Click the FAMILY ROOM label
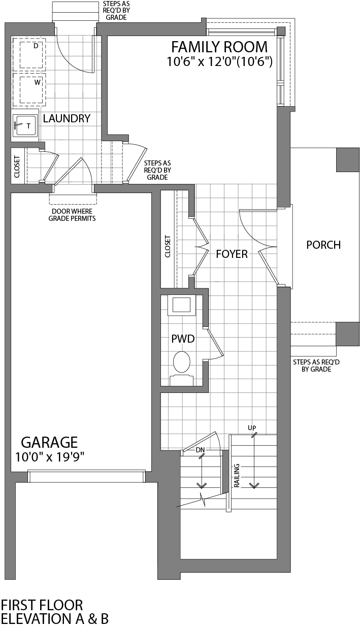[219, 47]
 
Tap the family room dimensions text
[220, 62]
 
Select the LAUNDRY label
[67, 119]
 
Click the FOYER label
[232, 254]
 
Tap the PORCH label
[323, 245]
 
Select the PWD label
[183, 339]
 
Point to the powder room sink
[182, 305]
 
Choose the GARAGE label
[49, 442]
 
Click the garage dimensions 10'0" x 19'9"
[50, 456]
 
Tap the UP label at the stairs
[252, 428]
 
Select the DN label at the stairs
[201, 450]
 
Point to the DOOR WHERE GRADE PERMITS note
[72, 215]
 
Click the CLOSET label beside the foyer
[168, 247]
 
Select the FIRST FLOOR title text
[42, 605]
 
